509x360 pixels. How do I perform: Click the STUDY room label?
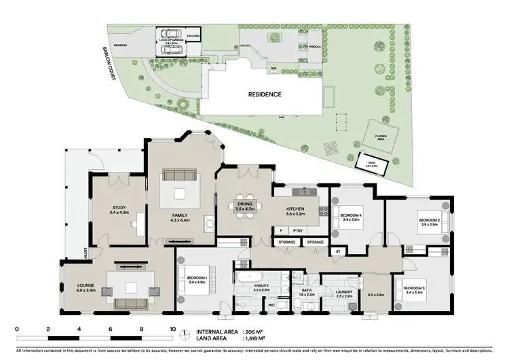point(120,210)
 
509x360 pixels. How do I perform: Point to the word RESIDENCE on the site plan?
point(265,94)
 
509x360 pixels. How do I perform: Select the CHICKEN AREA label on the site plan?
point(381,137)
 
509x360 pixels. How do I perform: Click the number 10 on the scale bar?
point(172,328)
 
